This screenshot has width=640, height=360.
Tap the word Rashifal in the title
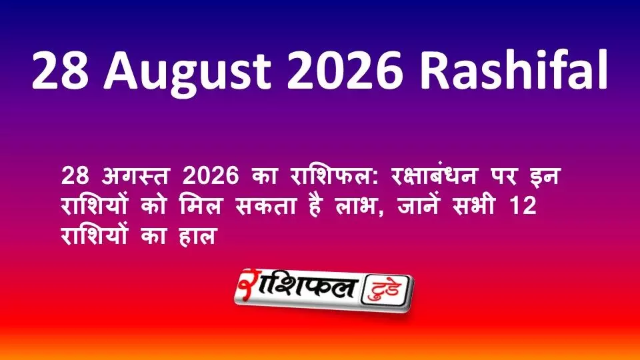[x=514, y=69]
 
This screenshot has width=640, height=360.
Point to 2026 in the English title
[x=345, y=70]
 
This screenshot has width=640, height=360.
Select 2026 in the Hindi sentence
[x=211, y=176]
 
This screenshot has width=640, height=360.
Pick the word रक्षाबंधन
[x=433, y=175]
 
